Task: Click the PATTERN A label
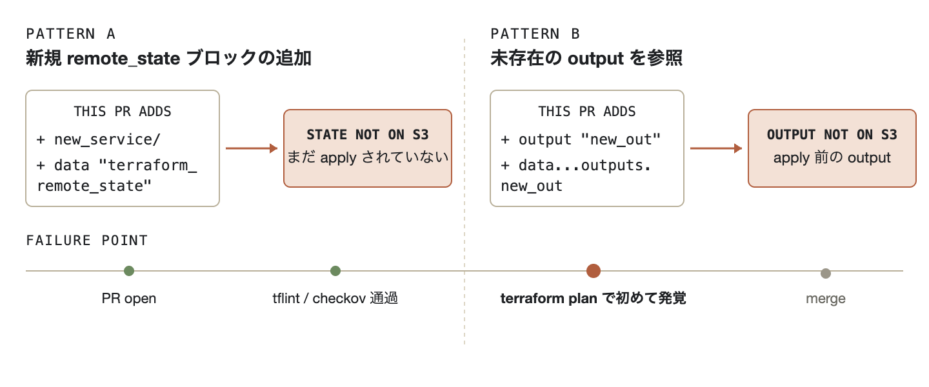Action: tap(70, 34)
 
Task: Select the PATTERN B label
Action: tap(535, 34)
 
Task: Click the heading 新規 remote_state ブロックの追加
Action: tap(168, 57)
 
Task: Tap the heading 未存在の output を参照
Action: tap(586, 57)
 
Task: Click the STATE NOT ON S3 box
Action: tap(368, 148)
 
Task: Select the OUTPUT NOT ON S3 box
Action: tap(832, 148)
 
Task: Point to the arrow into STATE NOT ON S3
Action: tap(252, 148)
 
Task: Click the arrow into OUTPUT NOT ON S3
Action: tap(716, 148)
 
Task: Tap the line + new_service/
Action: tap(98, 140)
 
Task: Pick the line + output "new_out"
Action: tap(581, 140)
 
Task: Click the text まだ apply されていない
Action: tap(368, 157)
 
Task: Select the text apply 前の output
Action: tap(832, 157)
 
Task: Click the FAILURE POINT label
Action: tap(86, 240)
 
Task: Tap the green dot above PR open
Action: tap(129, 271)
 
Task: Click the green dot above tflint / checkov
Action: tap(335, 271)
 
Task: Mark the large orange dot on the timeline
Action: tap(594, 271)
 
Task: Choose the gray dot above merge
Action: tap(826, 273)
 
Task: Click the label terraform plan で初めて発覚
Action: tap(593, 298)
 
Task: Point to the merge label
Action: tap(826, 299)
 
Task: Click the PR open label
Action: tap(129, 299)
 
